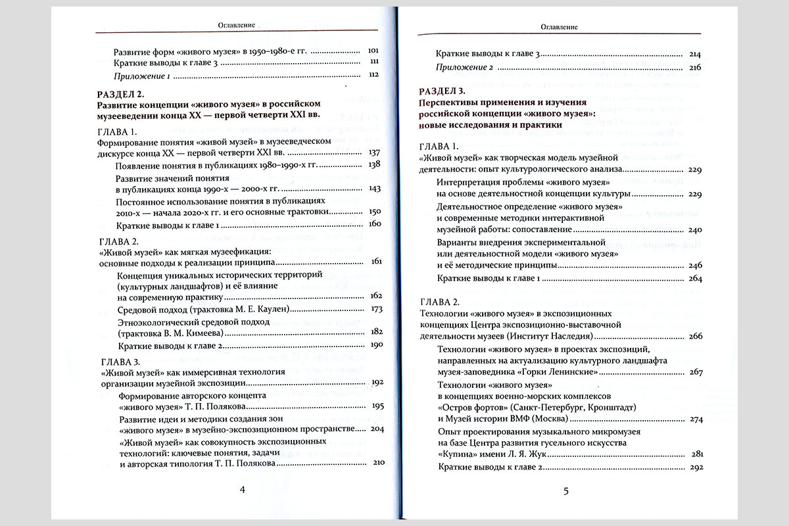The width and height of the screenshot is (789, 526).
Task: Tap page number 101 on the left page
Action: [x=372, y=51]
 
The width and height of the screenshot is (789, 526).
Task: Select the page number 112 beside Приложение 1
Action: [x=372, y=76]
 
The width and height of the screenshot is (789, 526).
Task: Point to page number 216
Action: [x=696, y=67]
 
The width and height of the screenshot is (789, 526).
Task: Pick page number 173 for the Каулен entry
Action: [x=372, y=309]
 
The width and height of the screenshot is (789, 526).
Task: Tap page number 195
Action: [x=372, y=405]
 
